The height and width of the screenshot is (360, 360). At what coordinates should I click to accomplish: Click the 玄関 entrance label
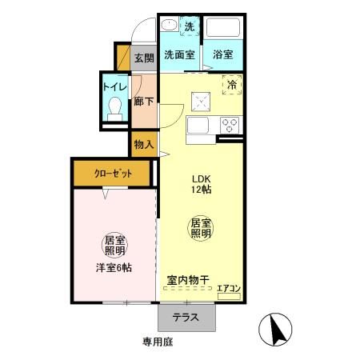(144, 58)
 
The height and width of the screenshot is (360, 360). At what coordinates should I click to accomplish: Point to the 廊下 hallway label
(144, 102)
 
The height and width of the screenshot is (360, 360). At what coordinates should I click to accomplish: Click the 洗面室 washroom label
(180, 55)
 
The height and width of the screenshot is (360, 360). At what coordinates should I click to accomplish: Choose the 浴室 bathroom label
(223, 55)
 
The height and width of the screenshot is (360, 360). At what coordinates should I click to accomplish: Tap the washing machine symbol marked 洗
(190, 27)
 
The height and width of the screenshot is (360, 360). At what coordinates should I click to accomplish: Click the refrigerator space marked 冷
(231, 84)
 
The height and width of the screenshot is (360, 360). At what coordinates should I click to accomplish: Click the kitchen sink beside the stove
(198, 126)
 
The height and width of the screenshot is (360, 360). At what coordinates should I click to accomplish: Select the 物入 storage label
(144, 145)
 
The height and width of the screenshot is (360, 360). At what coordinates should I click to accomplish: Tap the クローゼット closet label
(112, 172)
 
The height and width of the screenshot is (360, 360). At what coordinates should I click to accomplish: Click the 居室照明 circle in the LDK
(200, 227)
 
